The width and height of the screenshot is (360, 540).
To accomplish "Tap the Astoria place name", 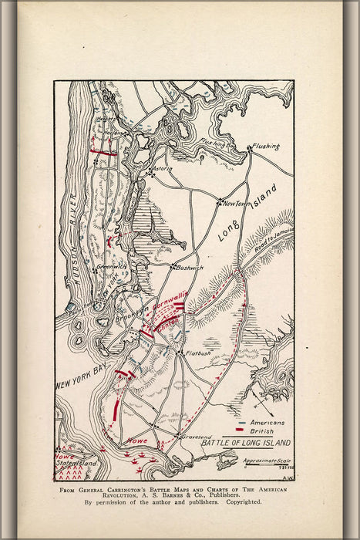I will (163, 168).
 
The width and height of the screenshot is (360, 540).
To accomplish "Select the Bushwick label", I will (190, 268).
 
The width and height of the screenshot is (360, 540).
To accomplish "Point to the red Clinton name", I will (170, 321).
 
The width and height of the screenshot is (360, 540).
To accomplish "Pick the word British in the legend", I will (263, 433).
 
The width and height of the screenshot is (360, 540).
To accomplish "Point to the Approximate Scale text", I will (266, 461).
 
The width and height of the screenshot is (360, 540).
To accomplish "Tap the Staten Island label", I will (76, 463).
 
